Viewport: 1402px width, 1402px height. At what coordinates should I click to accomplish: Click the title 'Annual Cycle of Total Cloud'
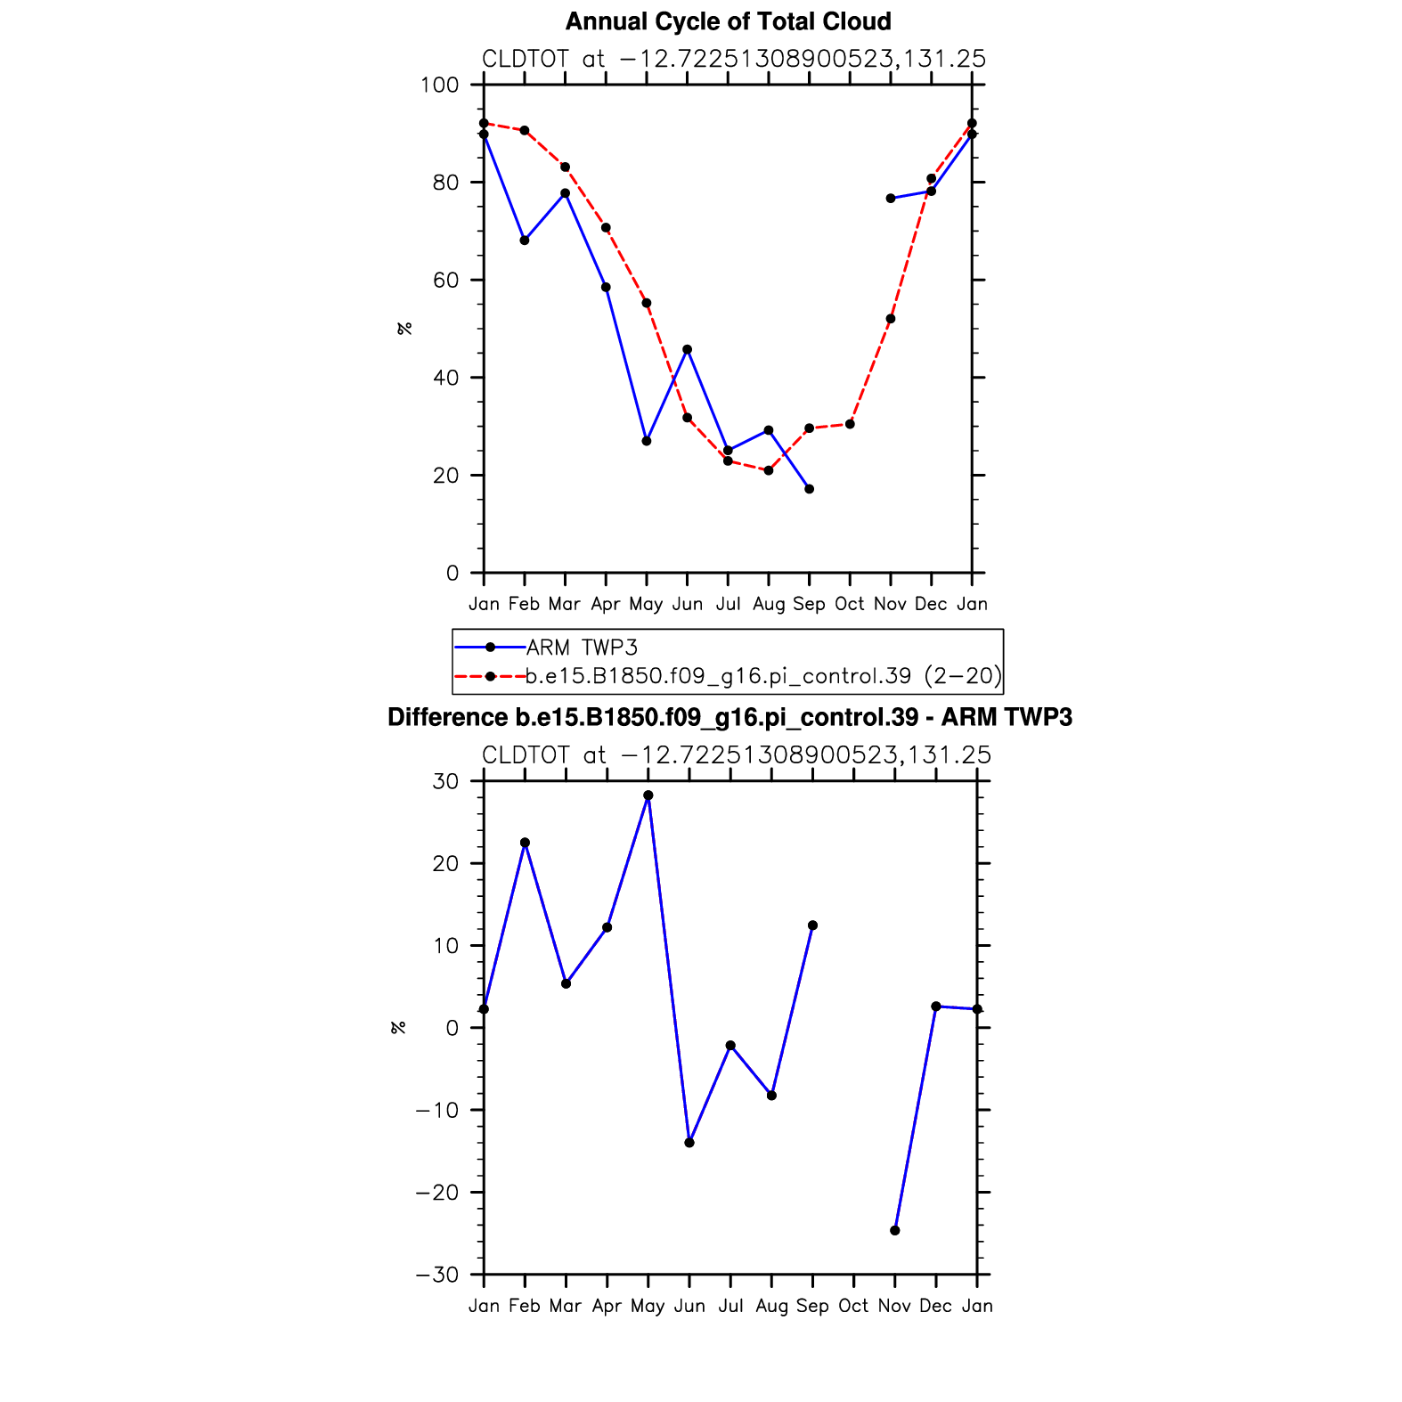click(728, 21)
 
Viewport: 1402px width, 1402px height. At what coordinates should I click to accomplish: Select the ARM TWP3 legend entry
click(582, 648)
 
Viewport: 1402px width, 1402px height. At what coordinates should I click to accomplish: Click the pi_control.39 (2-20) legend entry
click(762, 676)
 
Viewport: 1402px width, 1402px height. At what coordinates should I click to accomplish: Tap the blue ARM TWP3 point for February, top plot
click(525, 240)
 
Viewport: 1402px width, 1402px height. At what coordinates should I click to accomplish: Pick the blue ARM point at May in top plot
click(647, 441)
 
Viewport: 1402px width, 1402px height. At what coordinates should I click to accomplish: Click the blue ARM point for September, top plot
click(809, 489)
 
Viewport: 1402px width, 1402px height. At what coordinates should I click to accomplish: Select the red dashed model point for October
click(850, 424)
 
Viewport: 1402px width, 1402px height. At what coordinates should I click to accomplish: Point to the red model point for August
click(769, 470)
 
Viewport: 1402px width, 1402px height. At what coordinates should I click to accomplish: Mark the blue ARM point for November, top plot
click(891, 199)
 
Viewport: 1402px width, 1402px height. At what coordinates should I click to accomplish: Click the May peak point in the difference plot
click(648, 795)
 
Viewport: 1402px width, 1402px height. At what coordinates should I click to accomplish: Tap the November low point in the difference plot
click(895, 1230)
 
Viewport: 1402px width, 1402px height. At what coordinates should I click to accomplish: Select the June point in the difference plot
click(689, 1142)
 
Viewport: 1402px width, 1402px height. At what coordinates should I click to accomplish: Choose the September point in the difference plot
click(812, 925)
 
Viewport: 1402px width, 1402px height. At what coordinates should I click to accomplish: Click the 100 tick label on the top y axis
click(440, 86)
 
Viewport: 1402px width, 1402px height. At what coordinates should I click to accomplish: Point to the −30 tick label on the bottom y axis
click(436, 1275)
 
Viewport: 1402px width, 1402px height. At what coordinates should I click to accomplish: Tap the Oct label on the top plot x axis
click(850, 604)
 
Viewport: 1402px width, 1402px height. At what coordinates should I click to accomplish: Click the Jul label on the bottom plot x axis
click(730, 1306)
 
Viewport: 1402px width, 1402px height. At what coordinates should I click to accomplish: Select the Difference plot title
click(730, 718)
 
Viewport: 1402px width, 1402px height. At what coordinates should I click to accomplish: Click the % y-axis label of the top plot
click(405, 329)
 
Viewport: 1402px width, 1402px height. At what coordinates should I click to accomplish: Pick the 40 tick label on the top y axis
click(445, 378)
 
